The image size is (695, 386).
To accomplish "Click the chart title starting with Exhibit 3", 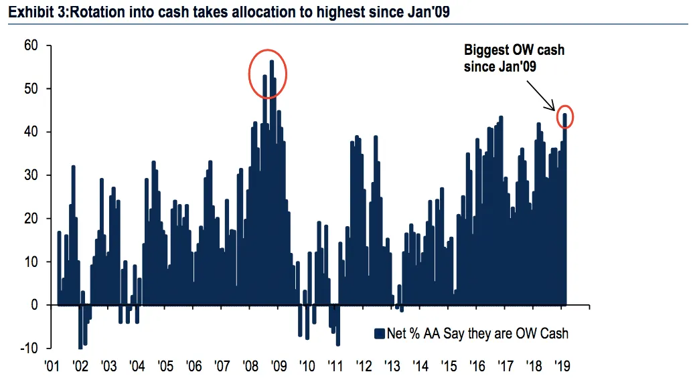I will click(x=228, y=11).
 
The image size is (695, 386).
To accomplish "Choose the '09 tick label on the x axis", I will click(x=279, y=367).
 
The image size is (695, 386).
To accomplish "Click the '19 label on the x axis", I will click(x=562, y=367).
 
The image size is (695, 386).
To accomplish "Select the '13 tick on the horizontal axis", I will click(x=392, y=367).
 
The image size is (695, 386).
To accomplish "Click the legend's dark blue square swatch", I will click(x=379, y=333).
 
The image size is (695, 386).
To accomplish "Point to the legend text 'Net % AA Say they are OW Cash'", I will click(x=477, y=333).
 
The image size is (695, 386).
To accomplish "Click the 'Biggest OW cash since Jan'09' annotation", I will click(x=514, y=59).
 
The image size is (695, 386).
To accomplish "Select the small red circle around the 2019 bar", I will click(x=565, y=117).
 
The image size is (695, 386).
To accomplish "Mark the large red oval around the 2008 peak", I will click(x=268, y=74).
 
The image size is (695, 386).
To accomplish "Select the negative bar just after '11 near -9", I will click(x=337, y=325).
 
